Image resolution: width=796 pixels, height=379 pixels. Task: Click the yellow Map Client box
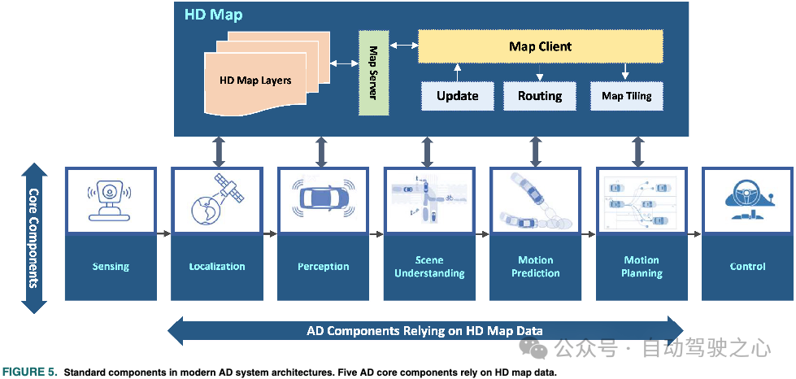(x=540, y=46)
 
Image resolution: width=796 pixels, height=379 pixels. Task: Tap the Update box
(x=457, y=96)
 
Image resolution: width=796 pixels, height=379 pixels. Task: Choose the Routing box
(x=540, y=96)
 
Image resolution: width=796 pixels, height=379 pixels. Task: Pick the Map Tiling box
(x=626, y=96)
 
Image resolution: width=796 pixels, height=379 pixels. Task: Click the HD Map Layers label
(x=255, y=81)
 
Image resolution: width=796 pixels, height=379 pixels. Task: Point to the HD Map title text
(x=213, y=15)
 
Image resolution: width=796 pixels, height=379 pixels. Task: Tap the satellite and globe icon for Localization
(x=216, y=199)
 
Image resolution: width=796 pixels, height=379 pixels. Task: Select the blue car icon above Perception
(x=323, y=198)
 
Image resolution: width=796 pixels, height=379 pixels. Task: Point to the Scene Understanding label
(x=429, y=267)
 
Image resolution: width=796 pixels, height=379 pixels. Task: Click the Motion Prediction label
(x=535, y=267)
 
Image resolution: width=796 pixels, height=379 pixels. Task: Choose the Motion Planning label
(x=642, y=267)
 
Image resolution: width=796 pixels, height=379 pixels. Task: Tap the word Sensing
(x=111, y=267)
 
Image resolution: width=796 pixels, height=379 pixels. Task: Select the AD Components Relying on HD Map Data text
(x=424, y=331)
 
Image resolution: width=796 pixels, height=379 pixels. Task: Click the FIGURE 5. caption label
(x=30, y=372)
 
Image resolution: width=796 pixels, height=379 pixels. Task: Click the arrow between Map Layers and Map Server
(x=344, y=63)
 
